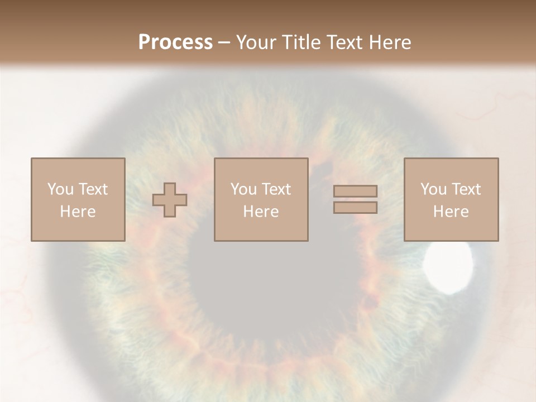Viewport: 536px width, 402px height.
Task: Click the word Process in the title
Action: (x=175, y=42)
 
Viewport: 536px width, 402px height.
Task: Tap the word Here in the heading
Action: (x=389, y=42)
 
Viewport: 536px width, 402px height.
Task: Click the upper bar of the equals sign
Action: (x=355, y=192)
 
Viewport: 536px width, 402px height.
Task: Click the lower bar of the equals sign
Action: (x=355, y=208)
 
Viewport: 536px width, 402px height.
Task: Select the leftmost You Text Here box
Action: (x=78, y=199)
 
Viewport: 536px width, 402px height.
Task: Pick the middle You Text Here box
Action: (x=261, y=199)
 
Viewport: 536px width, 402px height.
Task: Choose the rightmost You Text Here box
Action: (x=451, y=199)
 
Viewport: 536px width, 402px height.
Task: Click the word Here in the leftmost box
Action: (x=78, y=212)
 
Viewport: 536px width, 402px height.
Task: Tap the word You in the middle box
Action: (x=243, y=189)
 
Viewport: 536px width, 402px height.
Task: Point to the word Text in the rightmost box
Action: (x=466, y=189)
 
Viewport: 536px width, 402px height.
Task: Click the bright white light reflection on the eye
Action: (x=448, y=269)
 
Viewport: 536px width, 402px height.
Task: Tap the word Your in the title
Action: (x=257, y=42)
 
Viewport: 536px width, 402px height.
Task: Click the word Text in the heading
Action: (x=344, y=42)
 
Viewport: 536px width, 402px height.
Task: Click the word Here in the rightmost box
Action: (x=451, y=212)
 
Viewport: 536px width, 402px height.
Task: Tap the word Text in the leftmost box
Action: (x=93, y=189)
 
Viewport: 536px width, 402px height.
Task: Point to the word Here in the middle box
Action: (x=261, y=212)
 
